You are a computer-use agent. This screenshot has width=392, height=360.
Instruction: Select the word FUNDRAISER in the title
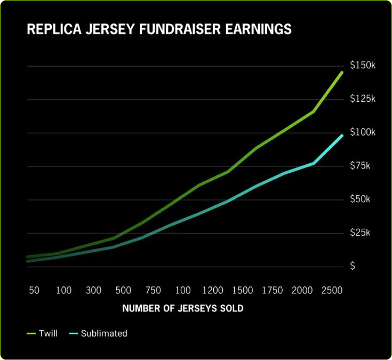tap(175, 29)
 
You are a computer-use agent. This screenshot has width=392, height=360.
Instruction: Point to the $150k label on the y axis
tap(363, 66)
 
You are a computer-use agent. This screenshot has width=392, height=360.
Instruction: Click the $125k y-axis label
tap(363, 99)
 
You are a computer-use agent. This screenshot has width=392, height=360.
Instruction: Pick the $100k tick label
tap(363, 132)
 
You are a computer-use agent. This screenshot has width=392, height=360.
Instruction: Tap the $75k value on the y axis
tap(360, 166)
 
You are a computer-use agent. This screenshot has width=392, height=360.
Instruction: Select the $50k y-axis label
tap(360, 199)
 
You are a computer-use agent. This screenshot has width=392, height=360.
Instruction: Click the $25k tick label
tap(360, 233)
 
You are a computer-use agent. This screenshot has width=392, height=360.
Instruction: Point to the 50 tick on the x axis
tap(34, 291)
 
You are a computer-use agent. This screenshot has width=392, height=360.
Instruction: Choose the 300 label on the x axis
tap(93, 291)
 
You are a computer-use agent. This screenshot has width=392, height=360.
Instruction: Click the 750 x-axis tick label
tap(153, 291)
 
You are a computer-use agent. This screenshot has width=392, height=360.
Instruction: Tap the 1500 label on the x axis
tap(243, 291)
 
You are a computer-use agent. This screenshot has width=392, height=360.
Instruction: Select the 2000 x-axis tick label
tap(302, 291)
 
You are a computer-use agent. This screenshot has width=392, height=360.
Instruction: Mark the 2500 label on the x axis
tap(332, 291)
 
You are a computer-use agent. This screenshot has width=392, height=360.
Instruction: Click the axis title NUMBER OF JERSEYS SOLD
tap(183, 309)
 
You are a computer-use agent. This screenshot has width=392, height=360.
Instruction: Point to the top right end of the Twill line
tap(342, 72)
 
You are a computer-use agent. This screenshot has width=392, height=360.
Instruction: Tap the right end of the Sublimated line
tap(342, 135)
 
